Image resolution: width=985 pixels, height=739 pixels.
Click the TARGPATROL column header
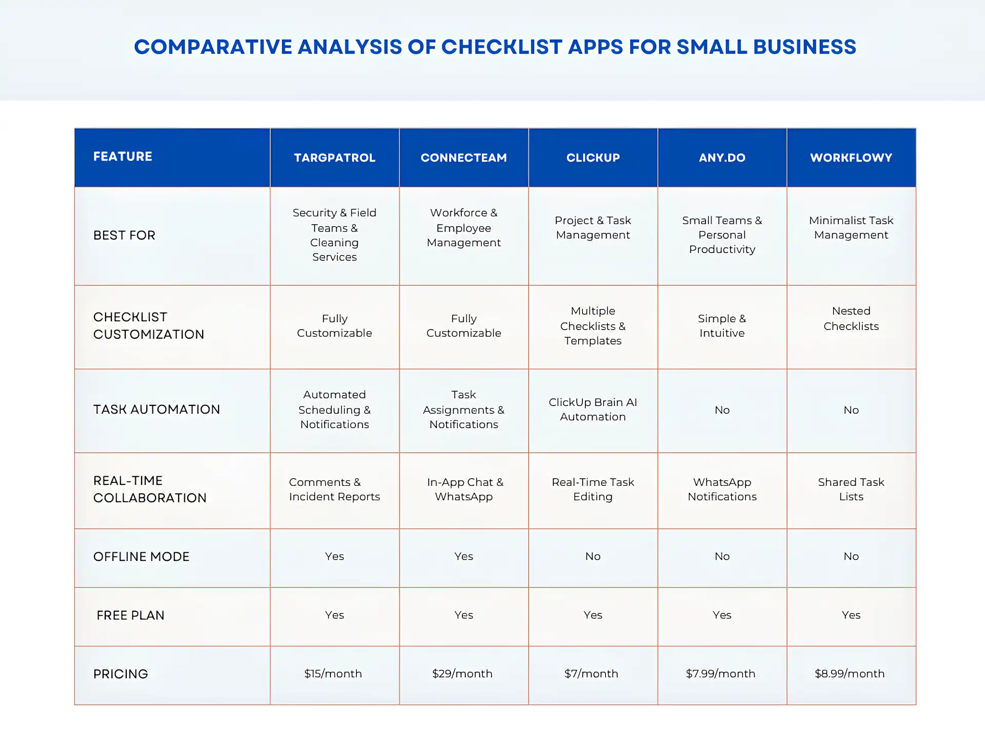[x=334, y=158]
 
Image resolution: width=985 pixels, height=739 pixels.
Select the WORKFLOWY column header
[x=851, y=158]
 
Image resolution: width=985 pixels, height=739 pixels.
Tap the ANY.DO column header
[x=722, y=158]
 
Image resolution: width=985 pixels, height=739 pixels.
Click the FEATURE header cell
[x=123, y=157]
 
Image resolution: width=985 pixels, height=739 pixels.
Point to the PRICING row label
[x=121, y=674]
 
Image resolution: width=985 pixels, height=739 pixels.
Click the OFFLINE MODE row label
[x=141, y=557]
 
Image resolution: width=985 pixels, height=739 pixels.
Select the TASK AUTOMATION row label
[x=156, y=410]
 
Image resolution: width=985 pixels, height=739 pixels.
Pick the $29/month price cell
[x=462, y=673]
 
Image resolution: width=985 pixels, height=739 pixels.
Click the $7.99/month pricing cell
[x=720, y=673]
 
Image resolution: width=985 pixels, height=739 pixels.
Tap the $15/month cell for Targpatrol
[x=333, y=673]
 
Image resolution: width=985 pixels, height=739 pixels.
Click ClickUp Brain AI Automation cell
[x=593, y=410]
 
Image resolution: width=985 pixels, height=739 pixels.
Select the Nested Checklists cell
[x=851, y=318]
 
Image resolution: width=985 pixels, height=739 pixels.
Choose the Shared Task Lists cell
[x=851, y=489]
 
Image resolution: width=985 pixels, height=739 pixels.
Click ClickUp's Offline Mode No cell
[x=593, y=556]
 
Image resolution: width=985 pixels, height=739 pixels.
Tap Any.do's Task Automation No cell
[x=722, y=410]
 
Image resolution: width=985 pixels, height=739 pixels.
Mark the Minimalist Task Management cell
[x=851, y=227]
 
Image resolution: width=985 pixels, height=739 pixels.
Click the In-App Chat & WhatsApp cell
[x=464, y=489]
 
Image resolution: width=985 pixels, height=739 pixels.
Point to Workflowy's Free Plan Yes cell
[x=851, y=615]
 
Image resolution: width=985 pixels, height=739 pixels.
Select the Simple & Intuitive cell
[x=722, y=325]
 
